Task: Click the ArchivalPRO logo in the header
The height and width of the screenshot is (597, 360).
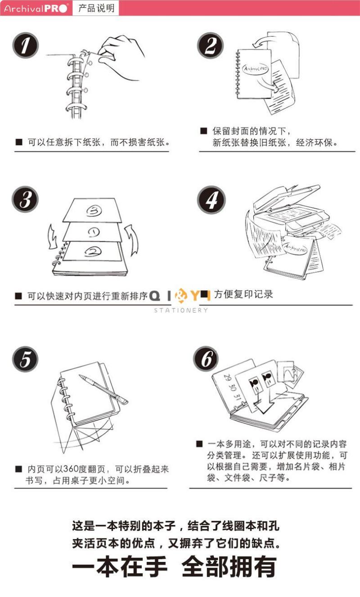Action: click(36, 8)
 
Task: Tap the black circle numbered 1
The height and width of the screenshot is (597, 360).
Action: click(26, 45)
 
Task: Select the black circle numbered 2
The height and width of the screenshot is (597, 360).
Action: click(211, 45)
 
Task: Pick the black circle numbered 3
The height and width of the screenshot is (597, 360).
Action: click(25, 199)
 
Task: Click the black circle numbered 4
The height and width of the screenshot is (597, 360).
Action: click(211, 200)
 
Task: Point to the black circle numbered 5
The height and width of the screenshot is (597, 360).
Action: click(25, 359)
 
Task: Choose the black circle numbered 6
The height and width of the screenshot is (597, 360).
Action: click(206, 359)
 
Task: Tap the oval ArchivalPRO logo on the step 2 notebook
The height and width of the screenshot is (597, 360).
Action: click(255, 69)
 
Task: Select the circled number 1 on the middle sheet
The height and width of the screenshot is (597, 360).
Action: click(94, 232)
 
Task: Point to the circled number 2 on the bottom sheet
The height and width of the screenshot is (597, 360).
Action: click(93, 251)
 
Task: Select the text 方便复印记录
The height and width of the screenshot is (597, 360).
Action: click(243, 294)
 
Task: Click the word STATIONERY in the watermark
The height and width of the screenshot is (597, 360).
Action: click(181, 310)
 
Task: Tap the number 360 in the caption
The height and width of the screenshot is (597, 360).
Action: click(71, 469)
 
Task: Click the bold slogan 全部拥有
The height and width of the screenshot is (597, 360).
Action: click(229, 566)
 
